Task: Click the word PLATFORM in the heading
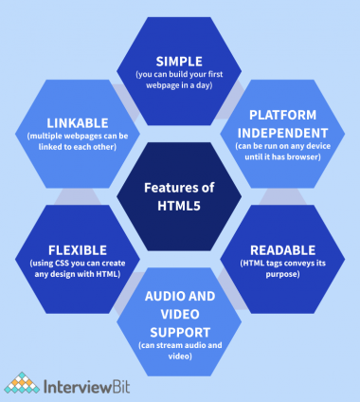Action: click(281, 115)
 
